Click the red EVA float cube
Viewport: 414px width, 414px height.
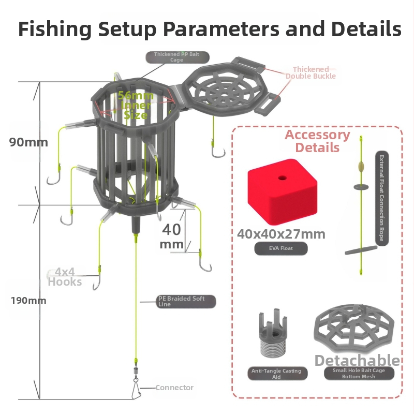282,191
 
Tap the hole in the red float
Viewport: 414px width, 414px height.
282,178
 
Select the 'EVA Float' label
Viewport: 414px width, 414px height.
280,248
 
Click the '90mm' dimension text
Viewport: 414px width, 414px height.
28,142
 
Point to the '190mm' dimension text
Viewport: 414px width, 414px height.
28,300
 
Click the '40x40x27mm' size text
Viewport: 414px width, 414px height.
281,234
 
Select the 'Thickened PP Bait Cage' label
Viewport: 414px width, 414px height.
176,57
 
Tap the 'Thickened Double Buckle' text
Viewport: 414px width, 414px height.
310,72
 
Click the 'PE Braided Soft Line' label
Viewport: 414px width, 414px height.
185,302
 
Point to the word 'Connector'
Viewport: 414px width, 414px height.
174,388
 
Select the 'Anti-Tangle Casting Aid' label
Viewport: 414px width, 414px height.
277,374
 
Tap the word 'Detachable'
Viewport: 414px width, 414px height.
357,361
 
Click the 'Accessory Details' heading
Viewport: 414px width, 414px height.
317,141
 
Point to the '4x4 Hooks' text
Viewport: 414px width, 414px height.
65,277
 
